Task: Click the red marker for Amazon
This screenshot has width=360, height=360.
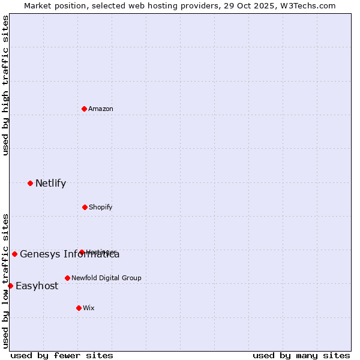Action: point(85,109)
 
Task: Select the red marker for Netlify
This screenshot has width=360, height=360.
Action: point(30,183)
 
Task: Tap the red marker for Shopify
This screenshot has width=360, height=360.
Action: point(85,207)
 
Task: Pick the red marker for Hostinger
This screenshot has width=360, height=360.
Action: point(82,252)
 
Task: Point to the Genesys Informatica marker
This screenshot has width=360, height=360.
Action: point(14,254)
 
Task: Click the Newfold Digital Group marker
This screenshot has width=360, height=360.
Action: point(67,278)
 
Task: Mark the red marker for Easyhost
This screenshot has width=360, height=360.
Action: point(10,286)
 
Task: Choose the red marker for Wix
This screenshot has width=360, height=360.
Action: point(79,308)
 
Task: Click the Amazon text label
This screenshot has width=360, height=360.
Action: point(101,109)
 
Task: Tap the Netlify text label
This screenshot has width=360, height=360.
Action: point(50,183)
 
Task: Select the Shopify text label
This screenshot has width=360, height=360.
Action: point(100,207)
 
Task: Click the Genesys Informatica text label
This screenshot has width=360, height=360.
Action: point(70,254)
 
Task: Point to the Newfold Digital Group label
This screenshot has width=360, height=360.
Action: point(106,278)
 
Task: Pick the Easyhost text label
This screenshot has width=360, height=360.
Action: point(37,286)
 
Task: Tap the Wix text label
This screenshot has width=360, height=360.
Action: point(89,308)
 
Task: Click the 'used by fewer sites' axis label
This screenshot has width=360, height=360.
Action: point(62,355)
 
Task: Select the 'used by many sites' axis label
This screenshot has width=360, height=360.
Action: point(301,355)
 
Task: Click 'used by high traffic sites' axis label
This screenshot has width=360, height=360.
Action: point(5,85)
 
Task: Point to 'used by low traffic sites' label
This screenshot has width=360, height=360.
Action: point(5,281)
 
